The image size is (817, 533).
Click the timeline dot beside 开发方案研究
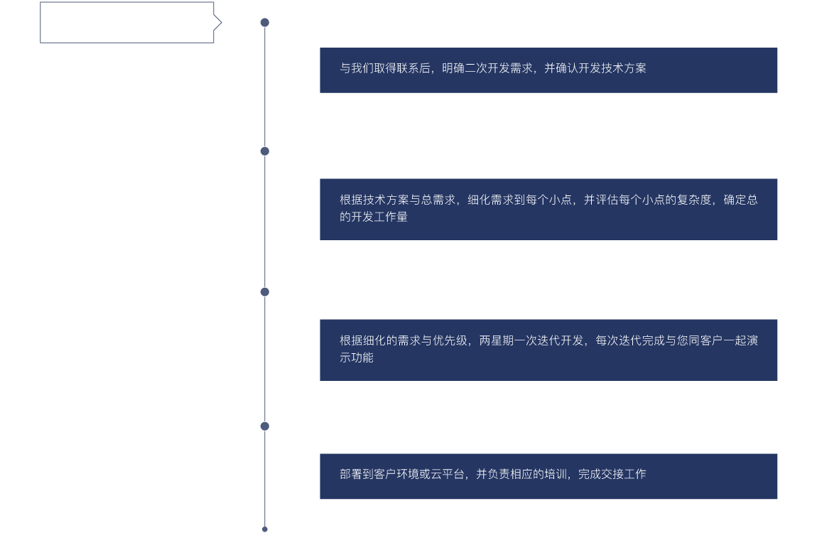pos(265,23)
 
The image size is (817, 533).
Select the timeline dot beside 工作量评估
pos(265,151)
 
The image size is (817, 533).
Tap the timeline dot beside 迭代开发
pos(265,291)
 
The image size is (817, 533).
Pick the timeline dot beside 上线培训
pos(265,426)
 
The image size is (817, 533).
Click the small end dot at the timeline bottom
pos(265,529)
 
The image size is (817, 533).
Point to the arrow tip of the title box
pos(220,23)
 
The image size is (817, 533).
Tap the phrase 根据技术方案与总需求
pos(396,200)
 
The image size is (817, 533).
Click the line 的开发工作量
pos(374,217)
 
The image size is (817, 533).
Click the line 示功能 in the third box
pos(357,357)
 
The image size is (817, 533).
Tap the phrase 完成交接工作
pos(612,474)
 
